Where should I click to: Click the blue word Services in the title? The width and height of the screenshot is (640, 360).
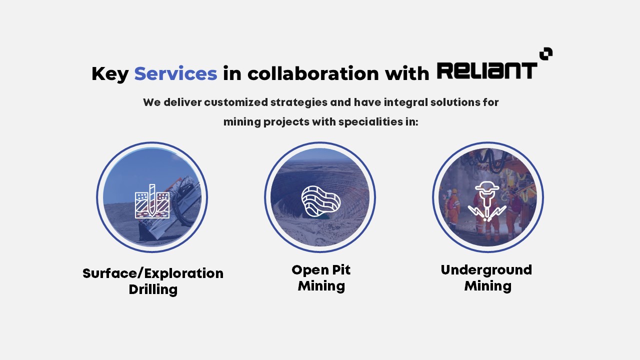tap(175, 73)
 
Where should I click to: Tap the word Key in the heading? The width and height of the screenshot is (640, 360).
tap(110, 74)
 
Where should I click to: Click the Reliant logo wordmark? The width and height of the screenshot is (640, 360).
tap(487, 70)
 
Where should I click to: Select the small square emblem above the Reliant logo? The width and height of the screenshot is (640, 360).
tap(546, 53)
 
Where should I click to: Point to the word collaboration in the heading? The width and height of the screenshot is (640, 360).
tap(313, 73)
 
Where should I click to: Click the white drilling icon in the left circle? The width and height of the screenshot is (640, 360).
tap(152, 201)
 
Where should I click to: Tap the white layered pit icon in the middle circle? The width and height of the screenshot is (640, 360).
tap(320, 201)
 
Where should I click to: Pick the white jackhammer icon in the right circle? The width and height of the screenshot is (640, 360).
tap(487, 201)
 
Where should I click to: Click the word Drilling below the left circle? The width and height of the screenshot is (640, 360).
tap(153, 289)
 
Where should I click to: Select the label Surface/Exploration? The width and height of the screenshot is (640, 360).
tap(153, 273)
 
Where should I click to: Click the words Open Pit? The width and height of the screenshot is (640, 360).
tap(321, 270)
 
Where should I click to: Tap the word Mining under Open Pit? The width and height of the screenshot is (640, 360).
tap(321, 286)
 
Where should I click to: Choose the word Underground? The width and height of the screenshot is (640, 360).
tap(486, 270)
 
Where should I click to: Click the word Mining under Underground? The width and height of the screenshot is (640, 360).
tap(487, 286)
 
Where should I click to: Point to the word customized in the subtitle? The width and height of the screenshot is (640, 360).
tap(236, 102)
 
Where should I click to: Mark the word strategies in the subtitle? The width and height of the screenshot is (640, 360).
tap(299, 102)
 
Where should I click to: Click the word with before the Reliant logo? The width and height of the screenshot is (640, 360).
tap(407, 73)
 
